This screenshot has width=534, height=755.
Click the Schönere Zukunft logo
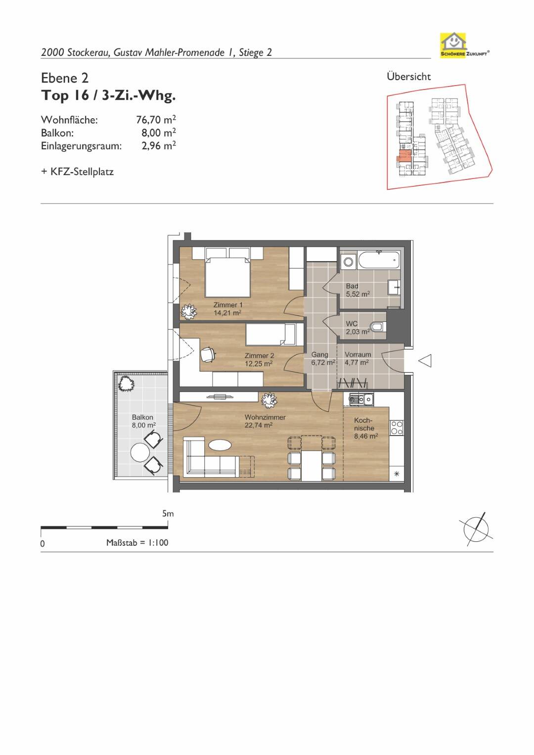coord(465,45)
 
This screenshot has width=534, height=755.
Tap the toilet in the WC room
coord(378,326)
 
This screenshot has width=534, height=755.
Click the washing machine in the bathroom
coord(348,262)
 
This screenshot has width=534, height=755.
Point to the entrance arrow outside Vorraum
coord(425,360)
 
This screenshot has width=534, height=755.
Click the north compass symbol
coord(476,529)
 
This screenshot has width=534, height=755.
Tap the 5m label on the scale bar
coord(168,514)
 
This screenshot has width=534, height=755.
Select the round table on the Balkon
coord(140,453)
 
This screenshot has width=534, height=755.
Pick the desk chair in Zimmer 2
coord(208,355)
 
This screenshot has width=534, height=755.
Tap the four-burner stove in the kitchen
coord(397,428)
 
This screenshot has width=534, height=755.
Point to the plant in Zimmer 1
coord(188,311)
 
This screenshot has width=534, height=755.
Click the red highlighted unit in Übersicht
coord(404,156)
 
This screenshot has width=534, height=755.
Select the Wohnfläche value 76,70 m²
coord(156,119)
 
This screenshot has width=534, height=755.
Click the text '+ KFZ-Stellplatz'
coord(77,172)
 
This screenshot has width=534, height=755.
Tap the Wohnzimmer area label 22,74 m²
coord(259,425)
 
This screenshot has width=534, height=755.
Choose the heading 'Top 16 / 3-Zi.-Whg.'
coord(108,96)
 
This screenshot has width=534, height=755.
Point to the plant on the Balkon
coord(126,384)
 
